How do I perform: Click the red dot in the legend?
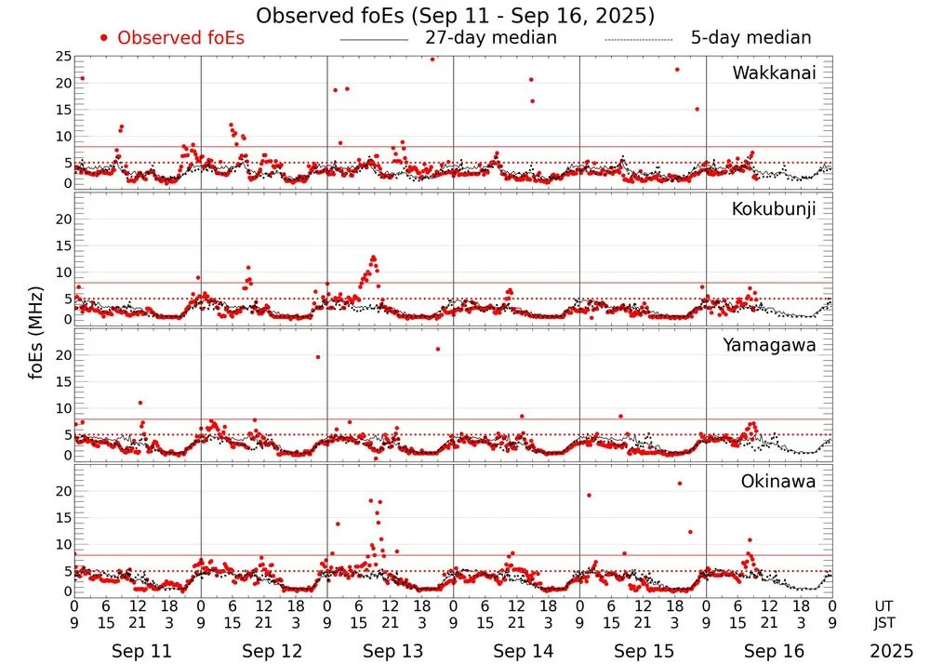104,38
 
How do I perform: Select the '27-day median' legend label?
491,38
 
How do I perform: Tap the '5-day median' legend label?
751,38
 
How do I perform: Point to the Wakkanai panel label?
774,73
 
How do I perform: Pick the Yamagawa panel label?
769,345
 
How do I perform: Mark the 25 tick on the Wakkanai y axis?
63,57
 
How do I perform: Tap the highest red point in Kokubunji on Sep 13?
373,257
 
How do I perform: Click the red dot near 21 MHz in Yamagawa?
437,349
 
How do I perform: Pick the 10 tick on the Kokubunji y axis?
63,272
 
